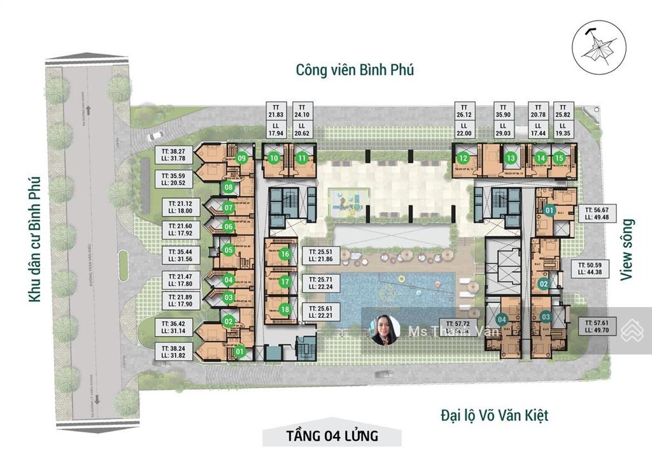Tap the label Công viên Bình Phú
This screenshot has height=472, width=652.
pos(355,69)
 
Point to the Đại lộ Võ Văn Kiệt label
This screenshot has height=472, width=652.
pos(494,416)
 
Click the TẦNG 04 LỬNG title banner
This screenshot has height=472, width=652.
pos(332,436)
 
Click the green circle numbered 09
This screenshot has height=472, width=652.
pos(241,157)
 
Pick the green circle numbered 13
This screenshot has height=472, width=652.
pos(511,159)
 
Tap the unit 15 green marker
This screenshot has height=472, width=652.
pos(558,159)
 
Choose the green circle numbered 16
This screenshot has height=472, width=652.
pos(285,254)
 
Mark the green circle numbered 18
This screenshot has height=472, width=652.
pos(285,309)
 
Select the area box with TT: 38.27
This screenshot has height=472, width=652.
pos(173,154)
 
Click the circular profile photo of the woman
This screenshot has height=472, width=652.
pos(386,330)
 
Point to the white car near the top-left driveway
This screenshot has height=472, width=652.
pos(155,135)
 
